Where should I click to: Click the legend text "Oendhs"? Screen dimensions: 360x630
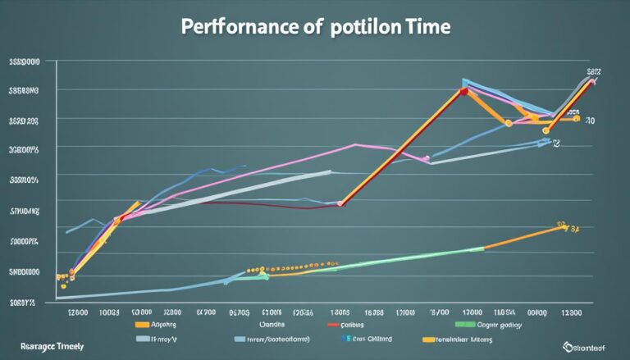click(265, 324)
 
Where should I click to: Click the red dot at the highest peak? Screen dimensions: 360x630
click(463, 91)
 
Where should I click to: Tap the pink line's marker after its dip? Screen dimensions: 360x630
click(426, 158)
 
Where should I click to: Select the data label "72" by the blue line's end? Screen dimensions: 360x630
click(555, 143)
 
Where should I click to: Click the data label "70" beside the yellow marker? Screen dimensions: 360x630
click(588, 120)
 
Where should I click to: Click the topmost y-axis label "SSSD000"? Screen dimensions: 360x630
click(25, 62)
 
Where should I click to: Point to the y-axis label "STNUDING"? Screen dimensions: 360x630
click(25, 212)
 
